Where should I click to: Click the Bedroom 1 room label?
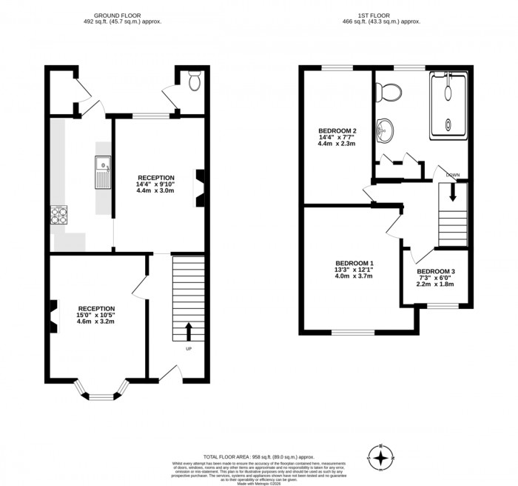tap(354, 264)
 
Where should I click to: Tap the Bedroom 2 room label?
tap(337, 130)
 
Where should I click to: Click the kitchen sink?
tap(101, 172)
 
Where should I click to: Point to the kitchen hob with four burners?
tap(58, 216)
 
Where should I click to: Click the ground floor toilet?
tap(195, 81)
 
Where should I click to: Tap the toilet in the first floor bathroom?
tap(388, 92)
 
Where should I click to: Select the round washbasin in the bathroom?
tap(385, 132)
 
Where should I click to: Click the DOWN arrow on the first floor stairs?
tap(453, 193)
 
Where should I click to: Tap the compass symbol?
tap(381, 459)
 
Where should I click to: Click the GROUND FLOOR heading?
tap(122, 15)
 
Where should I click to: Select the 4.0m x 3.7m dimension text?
tap(354, 276)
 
